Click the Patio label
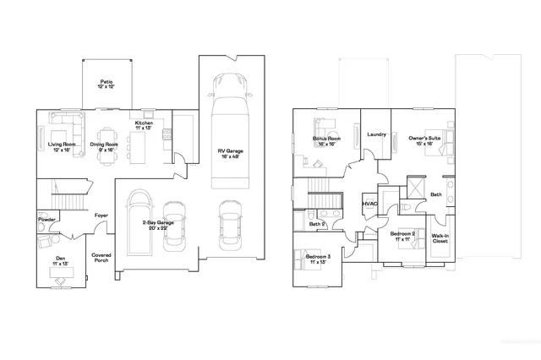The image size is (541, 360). pos(106,85)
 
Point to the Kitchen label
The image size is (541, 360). pos(145,125)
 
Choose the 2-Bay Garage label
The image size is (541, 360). pos(160,224)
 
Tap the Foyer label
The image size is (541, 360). pos(101,215)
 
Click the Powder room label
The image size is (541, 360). pos(47,220)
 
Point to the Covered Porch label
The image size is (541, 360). pos(101,257)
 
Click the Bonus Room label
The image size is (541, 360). pos(326,140)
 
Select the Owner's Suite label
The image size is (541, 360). pos(425,140)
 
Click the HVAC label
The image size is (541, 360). pos(369,205)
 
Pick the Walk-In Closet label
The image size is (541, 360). pos(440,239)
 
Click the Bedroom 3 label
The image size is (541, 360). pos(318,259)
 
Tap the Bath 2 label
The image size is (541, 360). pos(317,223)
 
